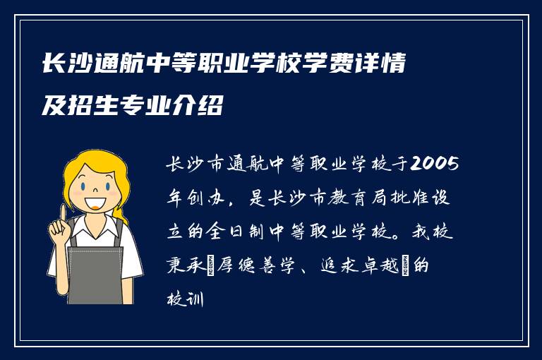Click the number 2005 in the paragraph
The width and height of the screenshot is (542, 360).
coord(433,166)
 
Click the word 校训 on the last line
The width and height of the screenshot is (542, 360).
coord(184,299)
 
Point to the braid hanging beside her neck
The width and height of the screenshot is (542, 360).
coord(121,212)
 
